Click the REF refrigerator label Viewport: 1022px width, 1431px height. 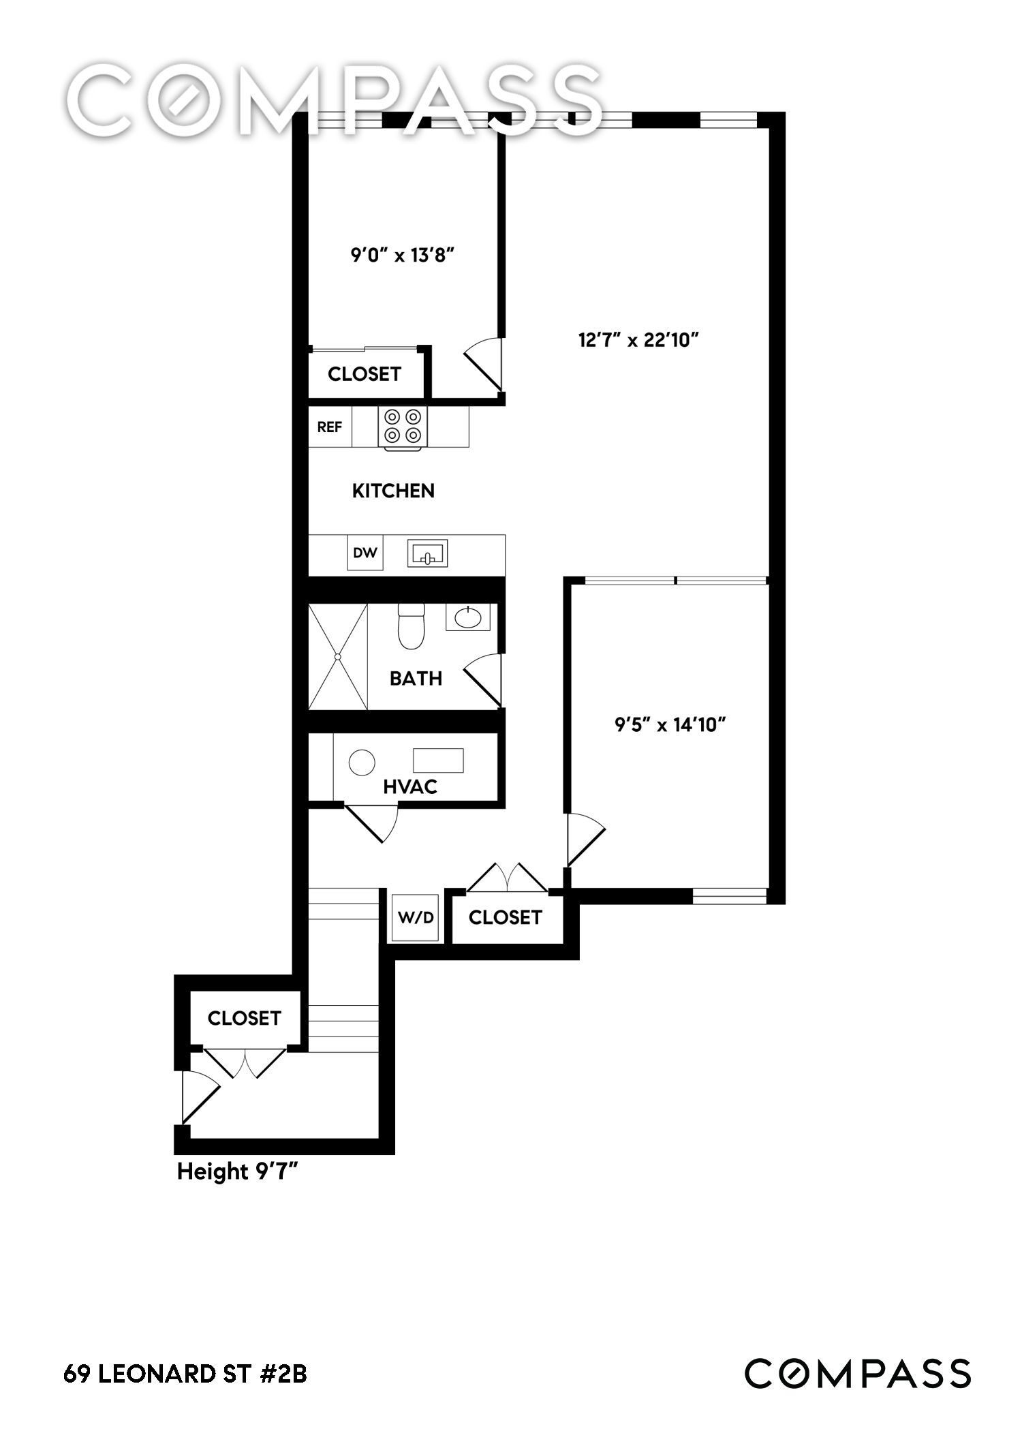pos(330,427)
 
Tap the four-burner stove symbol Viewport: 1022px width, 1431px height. pos(403,428)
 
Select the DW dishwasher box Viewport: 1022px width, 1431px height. pos(365,553)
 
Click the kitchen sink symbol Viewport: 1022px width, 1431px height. pos(428,553)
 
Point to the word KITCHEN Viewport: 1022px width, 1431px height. pos(393,491)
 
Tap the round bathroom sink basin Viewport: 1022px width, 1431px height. pos(468,617)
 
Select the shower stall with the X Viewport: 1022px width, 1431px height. pos(338,656)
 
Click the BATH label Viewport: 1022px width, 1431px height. pos(416,678)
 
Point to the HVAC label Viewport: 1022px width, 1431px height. pos(410,787)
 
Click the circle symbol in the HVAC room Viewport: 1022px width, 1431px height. pos(362,763)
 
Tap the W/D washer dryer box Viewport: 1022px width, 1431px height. pos(416,918)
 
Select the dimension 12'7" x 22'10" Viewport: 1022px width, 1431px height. pos(639,339)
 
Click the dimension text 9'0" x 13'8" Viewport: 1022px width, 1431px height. pos(402,256)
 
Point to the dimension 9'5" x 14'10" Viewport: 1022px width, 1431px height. pos(670,724)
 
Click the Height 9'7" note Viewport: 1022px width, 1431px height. pos(238,1171)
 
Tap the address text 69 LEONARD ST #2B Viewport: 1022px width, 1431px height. pos(185,1374)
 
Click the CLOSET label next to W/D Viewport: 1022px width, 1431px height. pos(505,917)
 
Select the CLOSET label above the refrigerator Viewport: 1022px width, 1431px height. pos(365,373)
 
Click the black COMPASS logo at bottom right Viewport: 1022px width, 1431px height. pos(858,1373)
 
